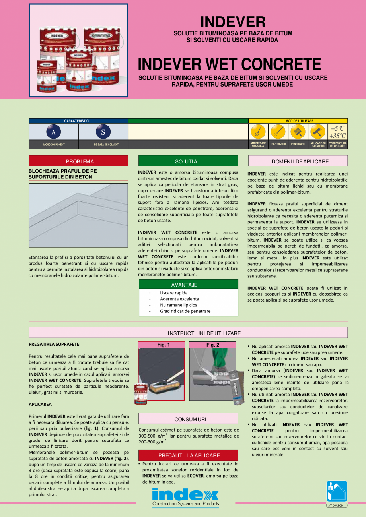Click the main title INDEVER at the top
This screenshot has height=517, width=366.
(x=233, y=22)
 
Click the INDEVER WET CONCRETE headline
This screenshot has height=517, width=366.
(x=230, y=64)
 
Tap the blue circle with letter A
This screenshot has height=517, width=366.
(x=53, y=132)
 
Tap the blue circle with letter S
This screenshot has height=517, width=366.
(x=103, y=132)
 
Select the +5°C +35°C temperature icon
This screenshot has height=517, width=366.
(x=338, y=132)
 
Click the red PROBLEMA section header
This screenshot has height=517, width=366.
(x=78, y=161)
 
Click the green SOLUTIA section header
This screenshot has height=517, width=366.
(x=188, y=161)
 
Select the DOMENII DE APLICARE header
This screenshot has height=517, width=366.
(x=298, y=161)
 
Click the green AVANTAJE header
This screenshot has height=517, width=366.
(x=188, y=285)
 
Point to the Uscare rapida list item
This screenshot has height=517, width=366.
(x=173, y=293)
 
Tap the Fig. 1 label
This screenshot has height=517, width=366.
(x=162, y=345)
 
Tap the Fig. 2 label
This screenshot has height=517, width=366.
(x=212, y=345)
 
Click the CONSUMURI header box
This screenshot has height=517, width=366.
(x=188, y=419)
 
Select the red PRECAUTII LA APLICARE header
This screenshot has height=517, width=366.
(x=188, y=455)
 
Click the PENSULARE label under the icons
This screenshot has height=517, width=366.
(x=298, y=144)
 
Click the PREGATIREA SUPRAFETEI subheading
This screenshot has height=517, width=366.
(x=52, y=344)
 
